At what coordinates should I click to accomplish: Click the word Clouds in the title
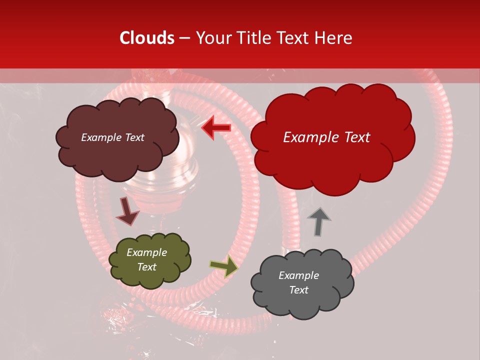click(x=147, y=38)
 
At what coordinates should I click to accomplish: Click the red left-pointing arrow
click(x=216, y=128)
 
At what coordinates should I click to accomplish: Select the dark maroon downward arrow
click(x=127, y=211)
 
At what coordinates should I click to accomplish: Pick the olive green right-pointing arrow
click(x=224, y=266)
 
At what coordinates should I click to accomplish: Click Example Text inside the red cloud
click(x=326, y=137)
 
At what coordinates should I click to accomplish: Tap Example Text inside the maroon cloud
click(x=112, y=137)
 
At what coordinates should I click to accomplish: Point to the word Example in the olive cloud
click(x=146, y=252)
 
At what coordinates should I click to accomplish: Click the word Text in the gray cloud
click(x=298, y=290)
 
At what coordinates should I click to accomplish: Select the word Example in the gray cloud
click(x=298, y=275)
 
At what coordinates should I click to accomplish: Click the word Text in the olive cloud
click(x=146, y=267)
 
